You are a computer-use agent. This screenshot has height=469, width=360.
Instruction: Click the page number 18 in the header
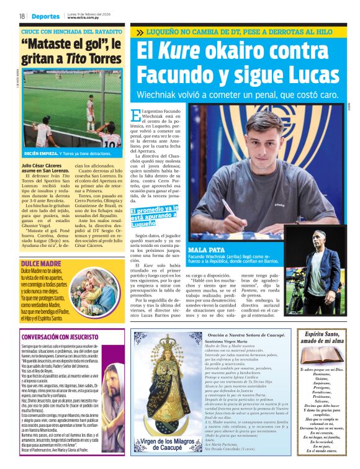(x=21, y=16)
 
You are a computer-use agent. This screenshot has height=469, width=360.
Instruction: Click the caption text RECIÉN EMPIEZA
(x=42, y=152)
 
